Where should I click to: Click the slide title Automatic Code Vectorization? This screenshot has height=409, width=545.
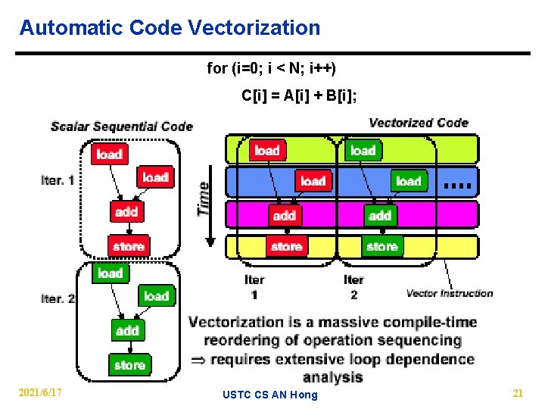coord(170,28)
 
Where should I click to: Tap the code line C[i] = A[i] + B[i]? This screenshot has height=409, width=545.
coord(299,95)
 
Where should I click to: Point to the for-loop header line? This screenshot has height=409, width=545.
coord(271,69)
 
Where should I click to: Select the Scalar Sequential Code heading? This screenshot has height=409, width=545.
coord(122,126)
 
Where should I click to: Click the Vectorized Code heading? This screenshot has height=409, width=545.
coord(419,123)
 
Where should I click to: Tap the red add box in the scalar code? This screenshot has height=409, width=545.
coord(126,211)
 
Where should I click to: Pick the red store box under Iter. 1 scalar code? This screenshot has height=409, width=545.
coord(128,246)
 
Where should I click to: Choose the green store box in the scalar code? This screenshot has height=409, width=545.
coord(129,365)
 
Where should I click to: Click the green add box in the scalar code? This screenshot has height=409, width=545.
coord(127,331)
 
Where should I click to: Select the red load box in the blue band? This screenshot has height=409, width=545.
coord(313,181)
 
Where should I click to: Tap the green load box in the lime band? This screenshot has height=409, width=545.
coord(363,151)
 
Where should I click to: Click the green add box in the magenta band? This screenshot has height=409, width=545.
coord(379,216)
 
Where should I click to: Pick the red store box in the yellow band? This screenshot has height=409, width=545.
coord(286,247)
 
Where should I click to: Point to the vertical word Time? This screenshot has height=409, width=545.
coord(204,198)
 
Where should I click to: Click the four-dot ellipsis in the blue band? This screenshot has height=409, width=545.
coord(458,184)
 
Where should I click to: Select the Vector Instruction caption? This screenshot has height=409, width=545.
coord(450,293)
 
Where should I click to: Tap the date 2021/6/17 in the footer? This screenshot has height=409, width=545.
coord(41,392)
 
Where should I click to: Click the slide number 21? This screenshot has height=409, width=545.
coord(518,392)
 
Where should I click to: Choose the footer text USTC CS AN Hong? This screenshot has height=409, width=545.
coord(271,395)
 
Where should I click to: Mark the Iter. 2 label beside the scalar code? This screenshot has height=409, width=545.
coord(58,298)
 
